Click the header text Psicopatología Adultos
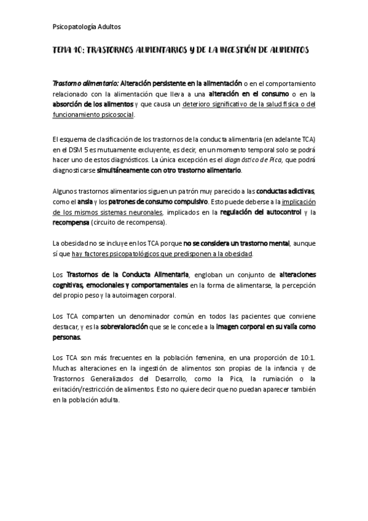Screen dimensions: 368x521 (87, 26)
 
